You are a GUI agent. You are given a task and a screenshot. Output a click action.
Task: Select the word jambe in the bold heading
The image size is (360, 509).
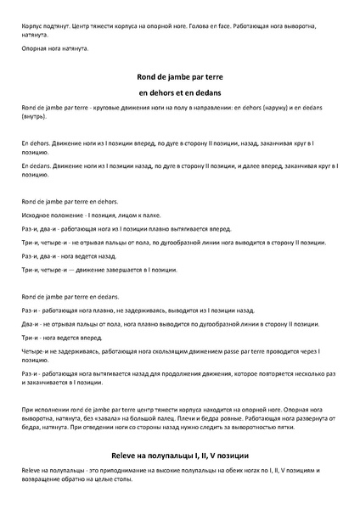coord(177,75)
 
